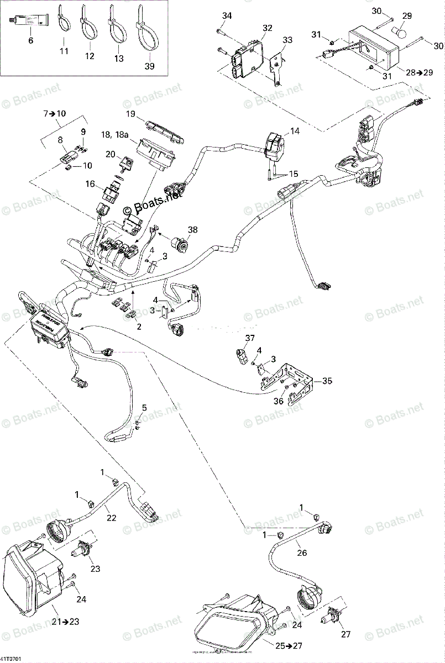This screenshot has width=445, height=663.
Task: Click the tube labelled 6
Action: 30,22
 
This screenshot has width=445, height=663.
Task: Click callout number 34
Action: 227,16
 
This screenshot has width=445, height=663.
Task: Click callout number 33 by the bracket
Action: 287,40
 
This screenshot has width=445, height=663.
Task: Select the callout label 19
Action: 130,114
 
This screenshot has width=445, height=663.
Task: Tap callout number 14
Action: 294,131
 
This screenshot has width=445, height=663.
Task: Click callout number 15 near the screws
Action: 293,174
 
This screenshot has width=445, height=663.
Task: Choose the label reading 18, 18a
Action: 114,134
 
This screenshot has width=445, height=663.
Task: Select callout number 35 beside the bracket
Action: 328,381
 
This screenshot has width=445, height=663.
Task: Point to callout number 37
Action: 250,338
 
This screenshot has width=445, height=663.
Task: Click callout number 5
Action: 144,408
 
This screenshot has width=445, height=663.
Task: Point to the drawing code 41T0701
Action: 12,659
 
